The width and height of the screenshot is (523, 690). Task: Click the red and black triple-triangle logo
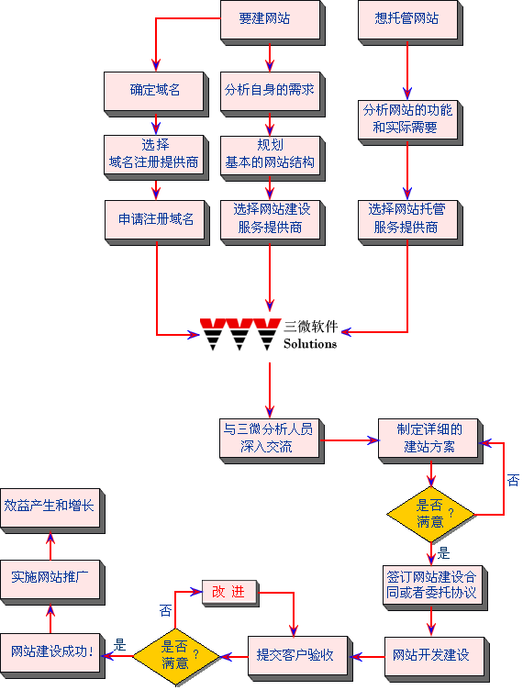tap(240, 334)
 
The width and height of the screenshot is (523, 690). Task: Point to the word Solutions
tap(310, 344)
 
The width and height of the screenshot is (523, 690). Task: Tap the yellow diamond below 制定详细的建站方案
tap(431, 514)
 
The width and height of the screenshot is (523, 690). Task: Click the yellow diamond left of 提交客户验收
tap(176, 657)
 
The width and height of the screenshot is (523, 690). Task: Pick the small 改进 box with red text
tap(230, 594)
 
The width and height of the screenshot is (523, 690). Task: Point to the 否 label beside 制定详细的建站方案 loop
tap(513, 480)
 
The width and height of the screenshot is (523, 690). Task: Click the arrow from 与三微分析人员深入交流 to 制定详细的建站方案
tap(351, 440)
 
